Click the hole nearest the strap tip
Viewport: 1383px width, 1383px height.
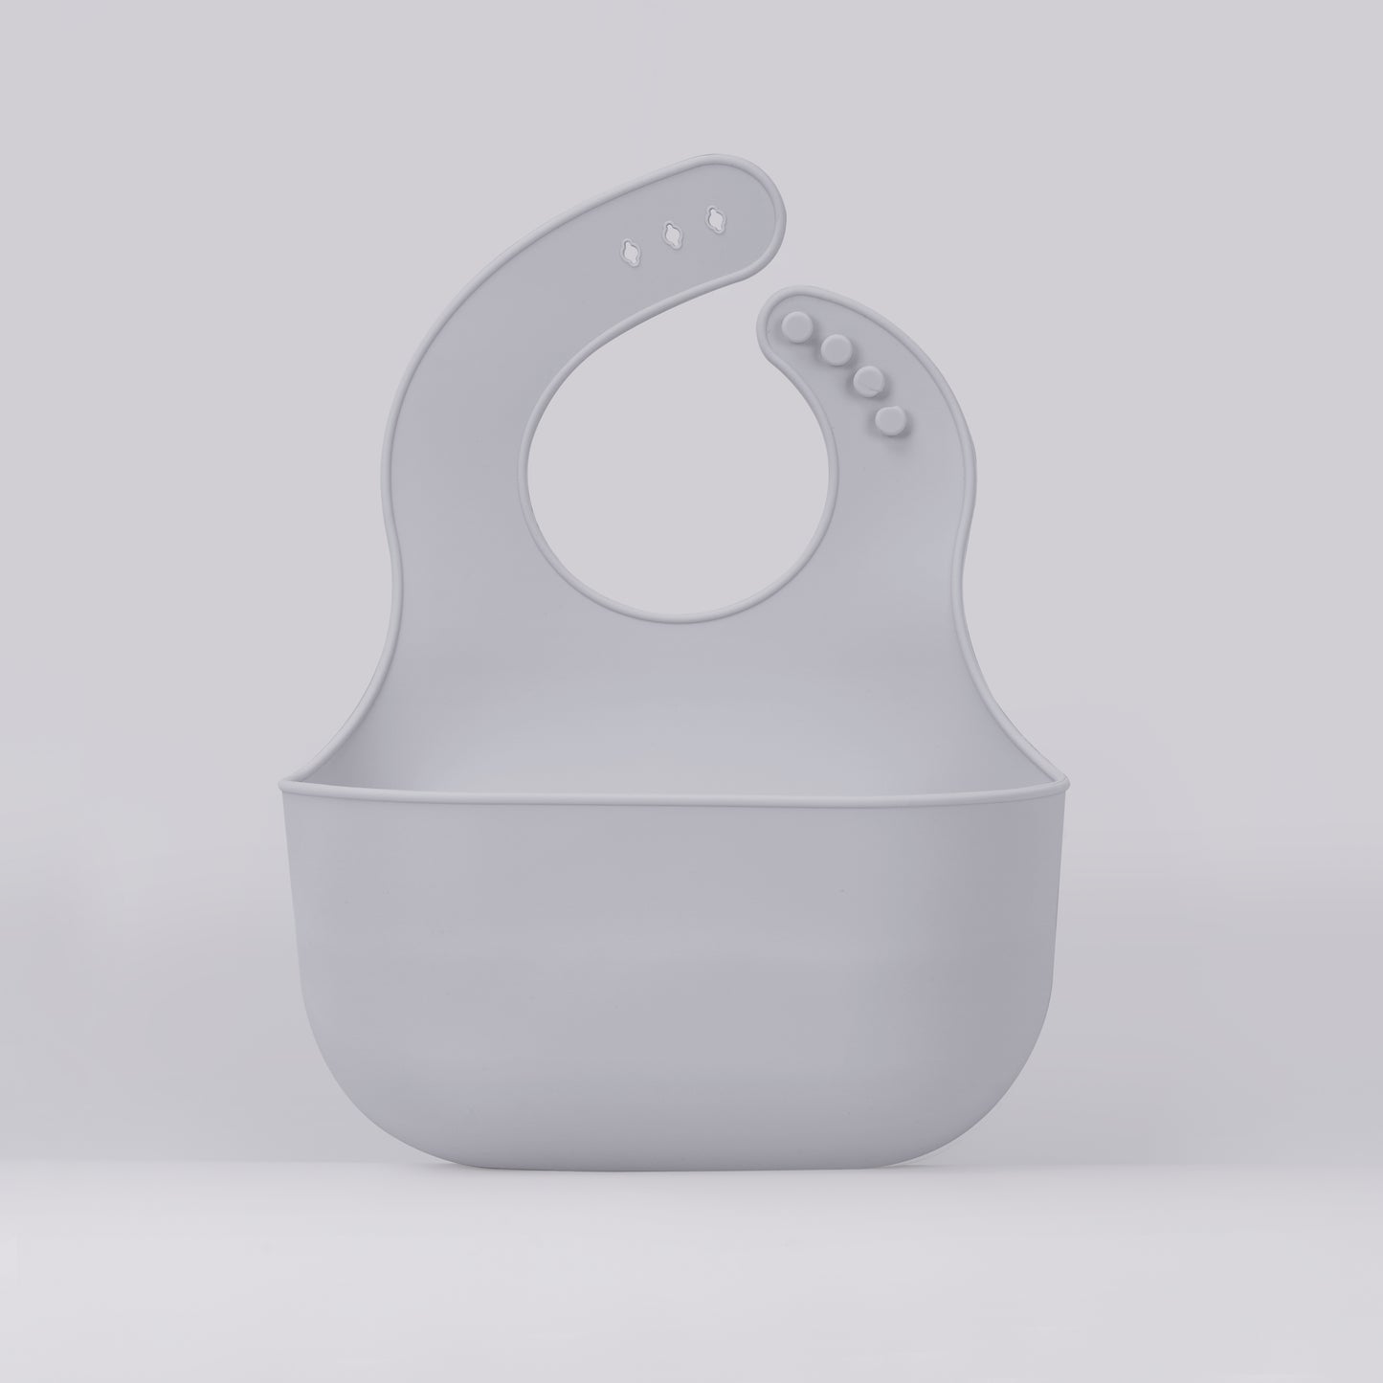pos(714,220)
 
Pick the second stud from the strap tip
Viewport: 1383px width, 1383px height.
pos(836,349)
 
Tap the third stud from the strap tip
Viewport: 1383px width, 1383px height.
pos(866,381)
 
